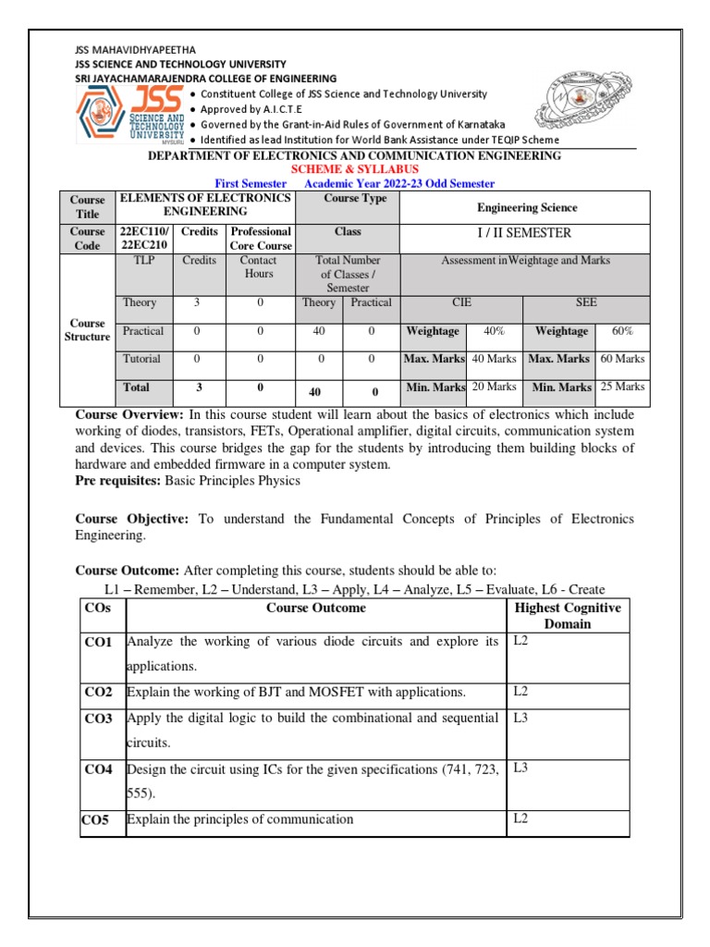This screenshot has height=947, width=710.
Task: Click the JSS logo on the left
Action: (x=129, y=117)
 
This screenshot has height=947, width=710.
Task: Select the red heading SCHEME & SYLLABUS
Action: (x=355, y=170)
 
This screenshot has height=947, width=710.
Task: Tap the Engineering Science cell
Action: (x=527, y=208)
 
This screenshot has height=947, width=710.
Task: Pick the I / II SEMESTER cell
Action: (x=523, y=232)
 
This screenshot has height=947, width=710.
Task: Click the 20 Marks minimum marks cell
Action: (x=495, y=387)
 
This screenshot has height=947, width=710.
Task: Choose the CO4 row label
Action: (x=99, y=769)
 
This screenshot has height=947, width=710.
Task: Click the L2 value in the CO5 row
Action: (x=520, y=818)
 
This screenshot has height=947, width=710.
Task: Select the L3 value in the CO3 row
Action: (x=520, y=718)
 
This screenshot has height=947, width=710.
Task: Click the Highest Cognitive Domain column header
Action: (x=567, y=616)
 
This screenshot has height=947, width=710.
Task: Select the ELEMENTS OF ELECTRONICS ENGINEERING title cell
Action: (x=205, y=204)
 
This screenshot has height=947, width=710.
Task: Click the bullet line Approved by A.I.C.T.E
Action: (x=243, y=109)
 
